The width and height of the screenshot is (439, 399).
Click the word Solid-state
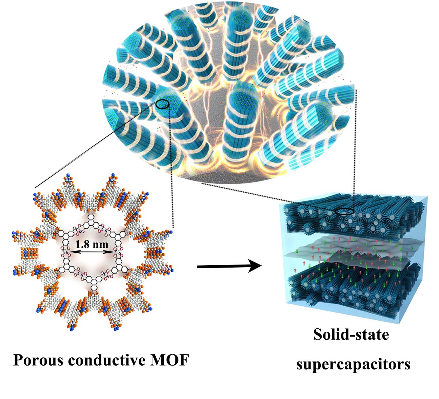click(351, 335)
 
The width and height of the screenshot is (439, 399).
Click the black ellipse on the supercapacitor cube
click(345, 212)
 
